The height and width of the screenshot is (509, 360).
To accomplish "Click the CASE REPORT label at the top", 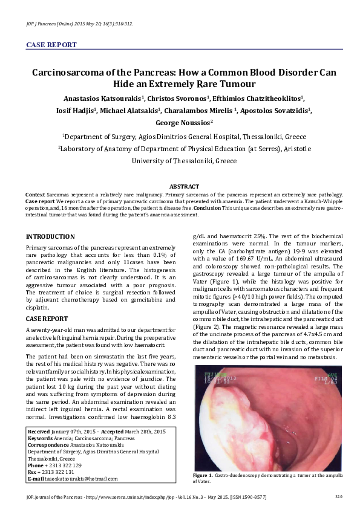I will [x=51, y=45].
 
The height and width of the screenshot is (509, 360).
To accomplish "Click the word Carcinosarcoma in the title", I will [x=71, y=72].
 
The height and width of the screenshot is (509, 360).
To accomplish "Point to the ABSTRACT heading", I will [x=185, y=187].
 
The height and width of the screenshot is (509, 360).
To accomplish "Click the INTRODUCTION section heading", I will [x=50, y=236].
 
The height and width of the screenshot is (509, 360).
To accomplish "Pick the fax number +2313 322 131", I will [x=59, y=472].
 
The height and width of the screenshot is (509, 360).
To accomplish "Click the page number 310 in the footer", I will [x=339, y=496].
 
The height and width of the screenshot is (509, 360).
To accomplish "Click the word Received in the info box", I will [x=40, y=432].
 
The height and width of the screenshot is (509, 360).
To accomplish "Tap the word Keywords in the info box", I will [x=41, y=438].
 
